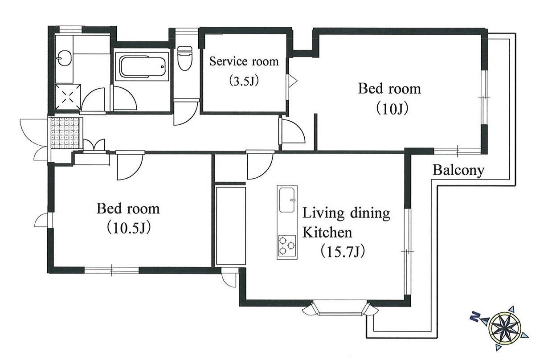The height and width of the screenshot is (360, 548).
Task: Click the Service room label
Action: (244, 61)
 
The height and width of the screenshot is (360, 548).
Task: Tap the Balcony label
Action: (458, 170)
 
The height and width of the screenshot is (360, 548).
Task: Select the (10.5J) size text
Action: (128, 228)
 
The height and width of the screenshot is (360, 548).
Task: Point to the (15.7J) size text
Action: (343, 251)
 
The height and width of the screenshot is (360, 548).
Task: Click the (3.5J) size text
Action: (244, 81)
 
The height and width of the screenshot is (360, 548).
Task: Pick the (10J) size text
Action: (392, 109)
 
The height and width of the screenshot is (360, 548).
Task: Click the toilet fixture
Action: (185, 58)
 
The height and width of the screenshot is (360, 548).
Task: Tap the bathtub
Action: (142, 66)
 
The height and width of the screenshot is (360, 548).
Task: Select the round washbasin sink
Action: (64, 58)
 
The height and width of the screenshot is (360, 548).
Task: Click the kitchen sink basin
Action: (287, 200)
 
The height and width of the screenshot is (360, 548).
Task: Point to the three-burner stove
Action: (287, 245)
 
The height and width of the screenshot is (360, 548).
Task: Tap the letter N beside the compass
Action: (475, 317)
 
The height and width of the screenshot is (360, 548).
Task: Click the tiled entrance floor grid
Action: (65, 133)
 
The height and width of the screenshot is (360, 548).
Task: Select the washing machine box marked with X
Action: (68, 97)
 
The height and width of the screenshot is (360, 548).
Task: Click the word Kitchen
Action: (327, 232)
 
